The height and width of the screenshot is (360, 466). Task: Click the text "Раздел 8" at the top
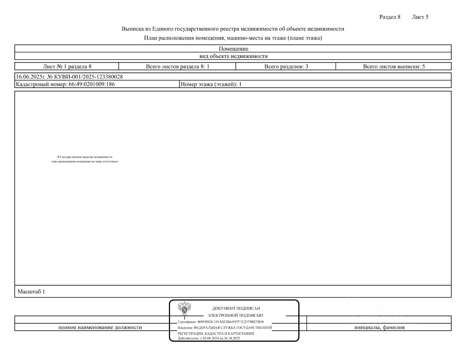[x=390, y=17]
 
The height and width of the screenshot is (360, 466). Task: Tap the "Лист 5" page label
[x=420, y=17]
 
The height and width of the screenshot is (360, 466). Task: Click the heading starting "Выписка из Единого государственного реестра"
[x=233, y=29]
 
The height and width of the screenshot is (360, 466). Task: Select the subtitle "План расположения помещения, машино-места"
[x=233, y=38]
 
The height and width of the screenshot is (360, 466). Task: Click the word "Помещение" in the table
[x=233, y=49]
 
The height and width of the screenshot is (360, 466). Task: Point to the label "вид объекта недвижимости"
[x=233, y=56]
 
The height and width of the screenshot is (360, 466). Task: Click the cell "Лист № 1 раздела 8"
[x=67, y=66]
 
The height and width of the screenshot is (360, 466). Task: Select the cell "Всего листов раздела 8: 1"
[x=177, y=66]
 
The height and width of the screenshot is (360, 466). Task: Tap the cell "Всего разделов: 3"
[x=286, y=66]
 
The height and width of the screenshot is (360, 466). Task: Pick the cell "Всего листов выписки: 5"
[x=394, y=66]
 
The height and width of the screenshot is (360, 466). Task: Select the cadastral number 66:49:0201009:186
[x=92, y=84]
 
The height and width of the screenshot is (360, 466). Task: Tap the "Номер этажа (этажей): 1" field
[x=211, y=84]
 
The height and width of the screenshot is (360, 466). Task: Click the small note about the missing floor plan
[x=85, y=159]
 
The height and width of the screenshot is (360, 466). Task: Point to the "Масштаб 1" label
[x=31, y=292]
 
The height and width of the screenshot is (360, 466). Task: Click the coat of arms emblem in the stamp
[x=185, y=308]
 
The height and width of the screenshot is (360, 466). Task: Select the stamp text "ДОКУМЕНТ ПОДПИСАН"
[x=236, y=308]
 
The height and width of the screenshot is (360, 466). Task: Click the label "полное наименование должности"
[x=100, y=327]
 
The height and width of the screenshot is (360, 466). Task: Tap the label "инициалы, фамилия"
[x=379, y=327]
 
